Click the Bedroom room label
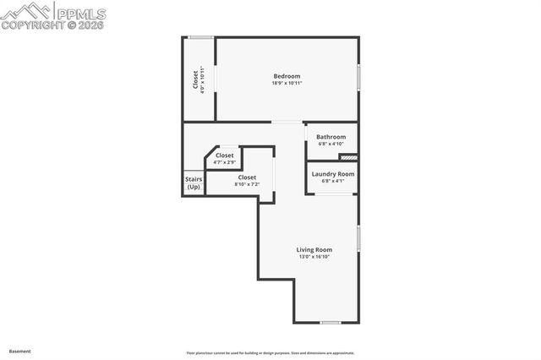pos(287,76)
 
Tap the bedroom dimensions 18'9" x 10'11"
pos(287,83)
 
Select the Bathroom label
pos(331,137)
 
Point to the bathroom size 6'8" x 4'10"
pos(331,144)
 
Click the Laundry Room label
pos(332,174)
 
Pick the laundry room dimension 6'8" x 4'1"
pos(332,181)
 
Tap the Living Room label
pos(314,249)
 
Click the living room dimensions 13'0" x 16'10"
pos(314,256)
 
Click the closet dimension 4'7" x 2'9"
pos(224,162)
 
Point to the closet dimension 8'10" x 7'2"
pos(247,184)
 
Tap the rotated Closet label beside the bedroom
pos(195,79)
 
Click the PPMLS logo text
pos(81,12)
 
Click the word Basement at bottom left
pos(19,351)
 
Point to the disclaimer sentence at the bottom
pos(270,353)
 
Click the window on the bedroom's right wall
pos(358,78)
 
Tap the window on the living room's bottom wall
pos(331,323)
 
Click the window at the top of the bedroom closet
pos(200,36)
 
